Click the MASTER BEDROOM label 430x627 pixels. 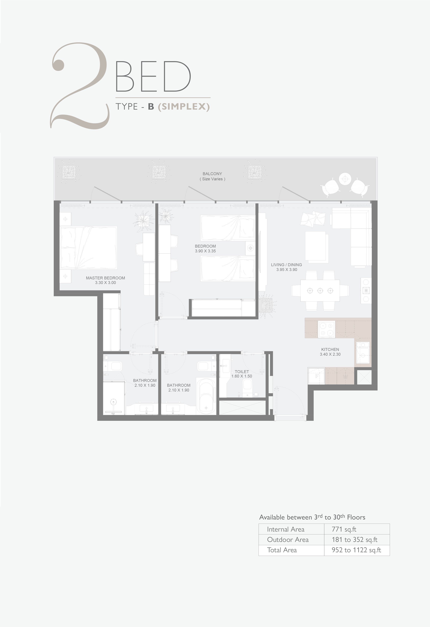(x=105, y=278)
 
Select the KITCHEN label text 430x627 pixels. (x=330, y=349)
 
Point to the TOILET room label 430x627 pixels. (x=242, y=372)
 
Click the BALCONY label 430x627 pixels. (x=212, y=174)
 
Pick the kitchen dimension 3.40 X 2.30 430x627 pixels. (x=330, y=354)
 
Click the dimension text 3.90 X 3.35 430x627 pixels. (x=205, y=251)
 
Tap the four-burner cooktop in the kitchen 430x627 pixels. (x=327, y=329)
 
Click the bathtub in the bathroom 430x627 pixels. (x=206, y=396)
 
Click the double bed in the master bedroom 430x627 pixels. (x=89, y=248)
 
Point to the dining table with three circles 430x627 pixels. (x=320, y=291)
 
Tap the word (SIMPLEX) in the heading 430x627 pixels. (x=184, y=107)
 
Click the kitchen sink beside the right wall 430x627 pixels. (x=363, y=353)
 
